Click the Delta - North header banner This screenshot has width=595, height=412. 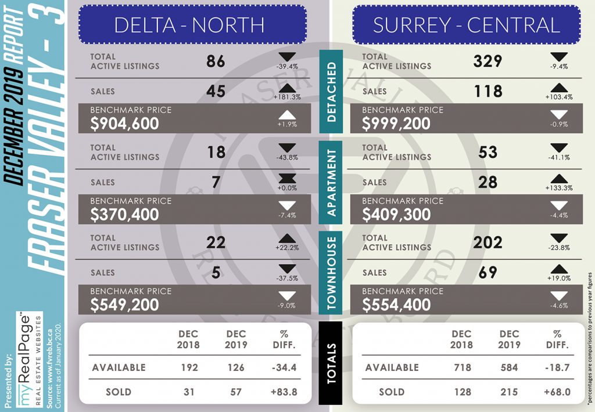tap(192, 24)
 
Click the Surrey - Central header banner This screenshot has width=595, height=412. tap(467, 24)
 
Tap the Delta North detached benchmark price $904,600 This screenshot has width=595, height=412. tap(124, 124)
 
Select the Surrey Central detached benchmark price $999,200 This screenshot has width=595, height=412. tap(396, 124)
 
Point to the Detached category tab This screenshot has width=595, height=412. tap(331, 91)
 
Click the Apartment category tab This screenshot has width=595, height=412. tap(331, 182)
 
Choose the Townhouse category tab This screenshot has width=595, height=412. tap(331, 273)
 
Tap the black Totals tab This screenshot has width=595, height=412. tap(331, 363)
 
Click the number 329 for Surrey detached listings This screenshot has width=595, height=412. tap(488, 61)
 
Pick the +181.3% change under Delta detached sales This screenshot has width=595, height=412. tap(287, 97)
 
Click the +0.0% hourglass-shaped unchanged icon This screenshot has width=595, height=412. tap(287, 179)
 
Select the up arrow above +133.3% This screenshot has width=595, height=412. tap(559, 179)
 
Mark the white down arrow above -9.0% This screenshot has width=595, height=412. tap(287, 296)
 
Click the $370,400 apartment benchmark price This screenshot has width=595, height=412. tap(124, 215)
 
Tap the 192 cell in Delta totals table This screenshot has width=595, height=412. tap(189, 368)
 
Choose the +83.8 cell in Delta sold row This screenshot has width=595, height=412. tap(284, 392)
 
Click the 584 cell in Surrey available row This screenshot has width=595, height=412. tap(509, 368)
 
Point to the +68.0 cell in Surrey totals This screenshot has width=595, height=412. tap(557, 392)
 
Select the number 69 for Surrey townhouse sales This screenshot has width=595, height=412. tap(488, 273)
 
